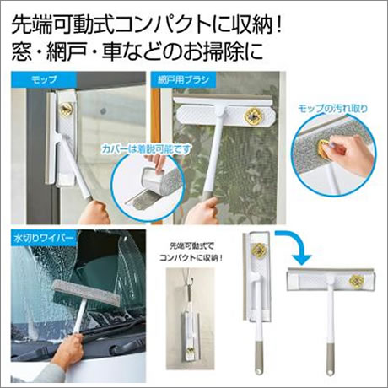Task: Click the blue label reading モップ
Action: click(x=44, y=79)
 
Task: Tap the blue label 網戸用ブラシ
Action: click(x=184, y=79)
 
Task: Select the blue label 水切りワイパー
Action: click(x=44, y=238)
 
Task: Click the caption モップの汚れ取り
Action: click(x=332, y=109)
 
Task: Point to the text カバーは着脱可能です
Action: click(x=146, y=149)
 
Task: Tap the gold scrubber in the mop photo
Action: click(x=67, y=108)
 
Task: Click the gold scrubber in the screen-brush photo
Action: click(x=251, y=116)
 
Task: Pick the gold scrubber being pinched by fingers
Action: click(x=324, y=148)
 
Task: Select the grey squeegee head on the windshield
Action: click(x=87, y=294)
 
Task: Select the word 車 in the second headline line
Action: click(x=111, y=51)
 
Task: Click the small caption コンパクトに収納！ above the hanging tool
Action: click(x=191, y=258)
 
